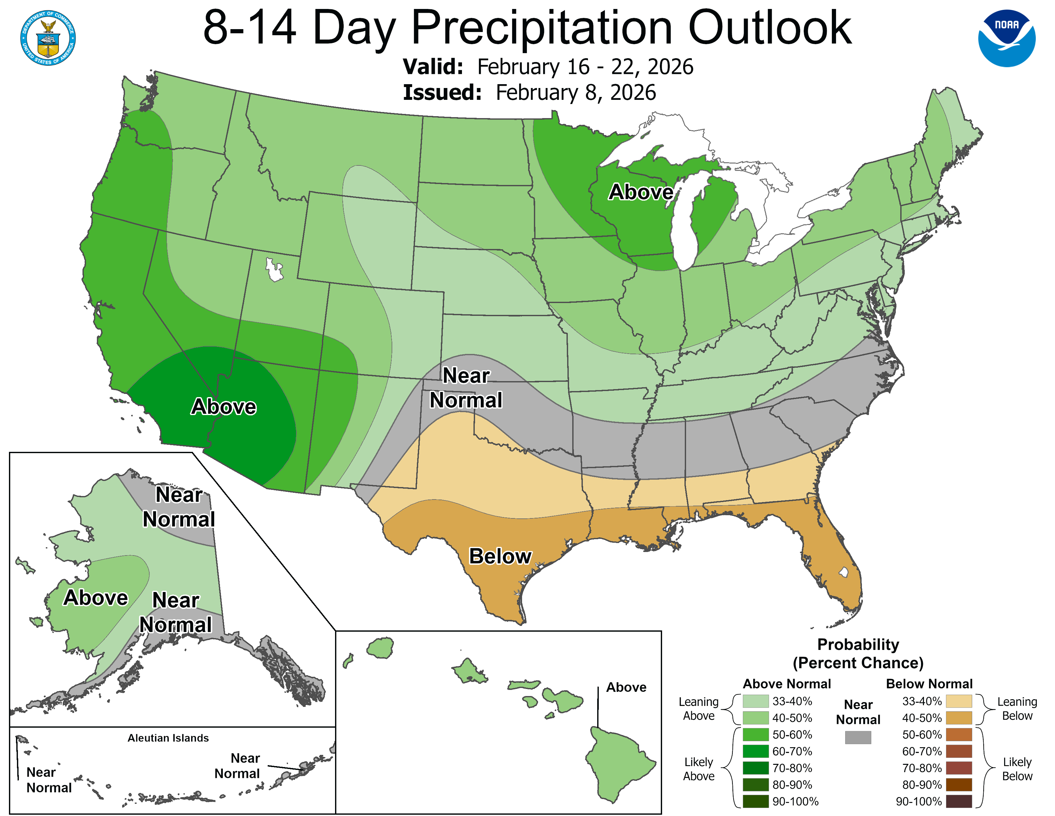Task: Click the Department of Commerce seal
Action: click(48, 38)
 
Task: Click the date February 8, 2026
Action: click(576, 93)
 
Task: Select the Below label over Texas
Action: click(500, 556)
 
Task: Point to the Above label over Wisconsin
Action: click(641, 192)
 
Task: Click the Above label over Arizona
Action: click(224, 406)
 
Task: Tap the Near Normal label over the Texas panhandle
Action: click(466, 388)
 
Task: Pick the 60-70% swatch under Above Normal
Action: click(755, 751)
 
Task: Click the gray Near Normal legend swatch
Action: click(858, 737)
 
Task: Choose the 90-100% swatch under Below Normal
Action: click(958, 802)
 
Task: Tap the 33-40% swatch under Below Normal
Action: click(958, 701)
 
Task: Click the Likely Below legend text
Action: click(1017, 769)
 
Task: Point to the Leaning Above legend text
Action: click(699, 709)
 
